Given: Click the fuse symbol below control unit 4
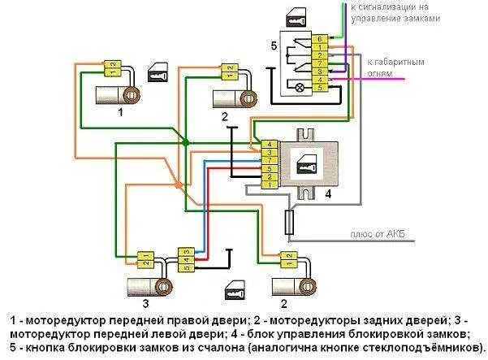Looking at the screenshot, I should coord(290,220).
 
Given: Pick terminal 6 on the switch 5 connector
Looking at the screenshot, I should coord(321,39).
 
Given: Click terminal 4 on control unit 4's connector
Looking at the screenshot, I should coord(268,145).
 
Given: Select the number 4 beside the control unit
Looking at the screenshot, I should coord(327,195).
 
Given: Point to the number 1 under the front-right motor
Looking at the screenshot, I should coord(121,113).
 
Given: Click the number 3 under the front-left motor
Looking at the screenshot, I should coord(145,304).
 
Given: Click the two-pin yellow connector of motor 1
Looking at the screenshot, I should coord(113,68).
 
